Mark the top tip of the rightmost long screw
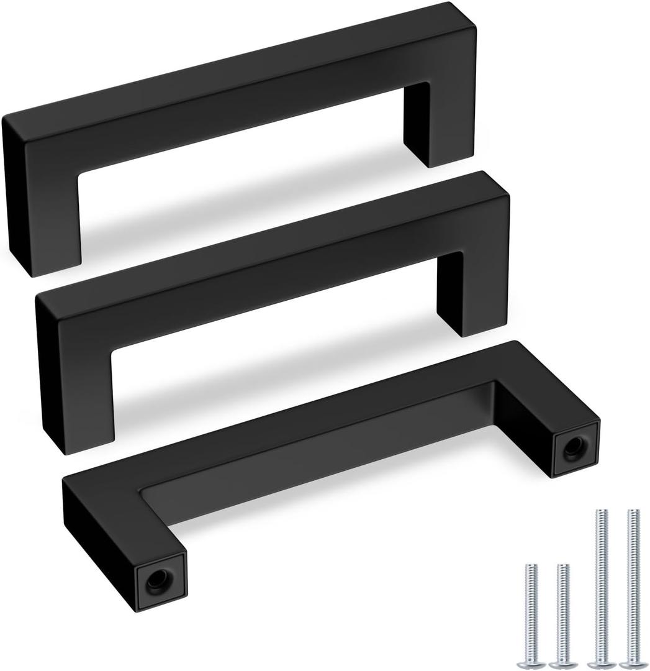coord(633,512)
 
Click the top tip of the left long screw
coord(602,512)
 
